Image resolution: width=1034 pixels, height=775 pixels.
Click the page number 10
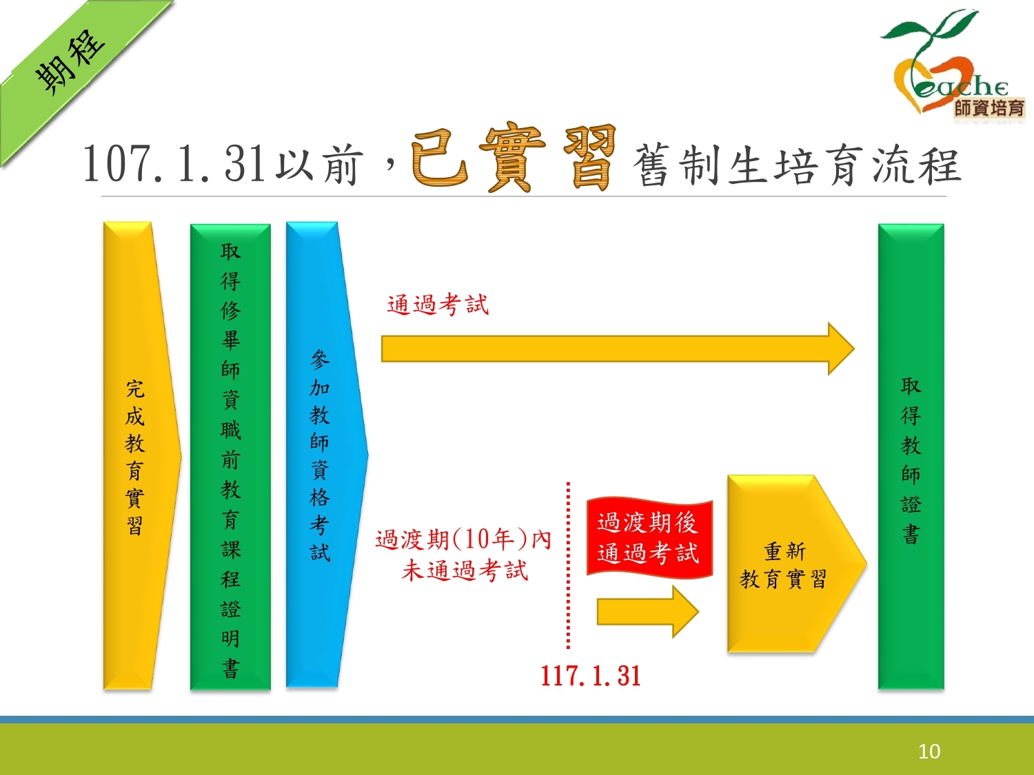click(x=929, y=752)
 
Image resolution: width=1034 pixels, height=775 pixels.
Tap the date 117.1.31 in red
click(x=591, y=676)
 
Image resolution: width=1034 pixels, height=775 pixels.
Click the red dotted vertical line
click(x=568, y=565)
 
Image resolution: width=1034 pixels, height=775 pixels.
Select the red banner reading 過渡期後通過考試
click(x=649, y=537)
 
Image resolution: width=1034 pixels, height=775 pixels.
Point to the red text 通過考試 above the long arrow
click(x=438, y=304)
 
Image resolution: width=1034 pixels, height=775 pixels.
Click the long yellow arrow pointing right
click(x=618, y=349)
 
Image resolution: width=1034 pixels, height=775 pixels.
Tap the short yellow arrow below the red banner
click(x=648, y=612)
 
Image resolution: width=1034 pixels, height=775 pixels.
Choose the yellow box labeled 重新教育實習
click(x=796, y=564)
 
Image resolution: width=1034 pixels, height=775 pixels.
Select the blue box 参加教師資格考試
click(x=327, y=455)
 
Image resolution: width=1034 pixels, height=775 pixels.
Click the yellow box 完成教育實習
click(x=141, y=455)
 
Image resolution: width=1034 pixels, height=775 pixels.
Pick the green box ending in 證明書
click(x=230, y=457)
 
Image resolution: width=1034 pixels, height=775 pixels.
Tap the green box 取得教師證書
click(x=911, y=457)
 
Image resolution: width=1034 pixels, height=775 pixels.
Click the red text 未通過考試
click(x=465, y=570)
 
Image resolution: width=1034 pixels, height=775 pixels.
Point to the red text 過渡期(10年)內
click(x=463, y=539)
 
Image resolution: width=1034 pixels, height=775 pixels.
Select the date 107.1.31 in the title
click(x=175, y=164)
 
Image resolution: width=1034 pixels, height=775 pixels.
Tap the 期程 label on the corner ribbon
click(x=70, y=61)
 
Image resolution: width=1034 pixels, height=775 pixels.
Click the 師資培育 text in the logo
click(x=989, y=108)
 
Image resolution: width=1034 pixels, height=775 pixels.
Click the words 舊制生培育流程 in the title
click(x=797, y=165)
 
